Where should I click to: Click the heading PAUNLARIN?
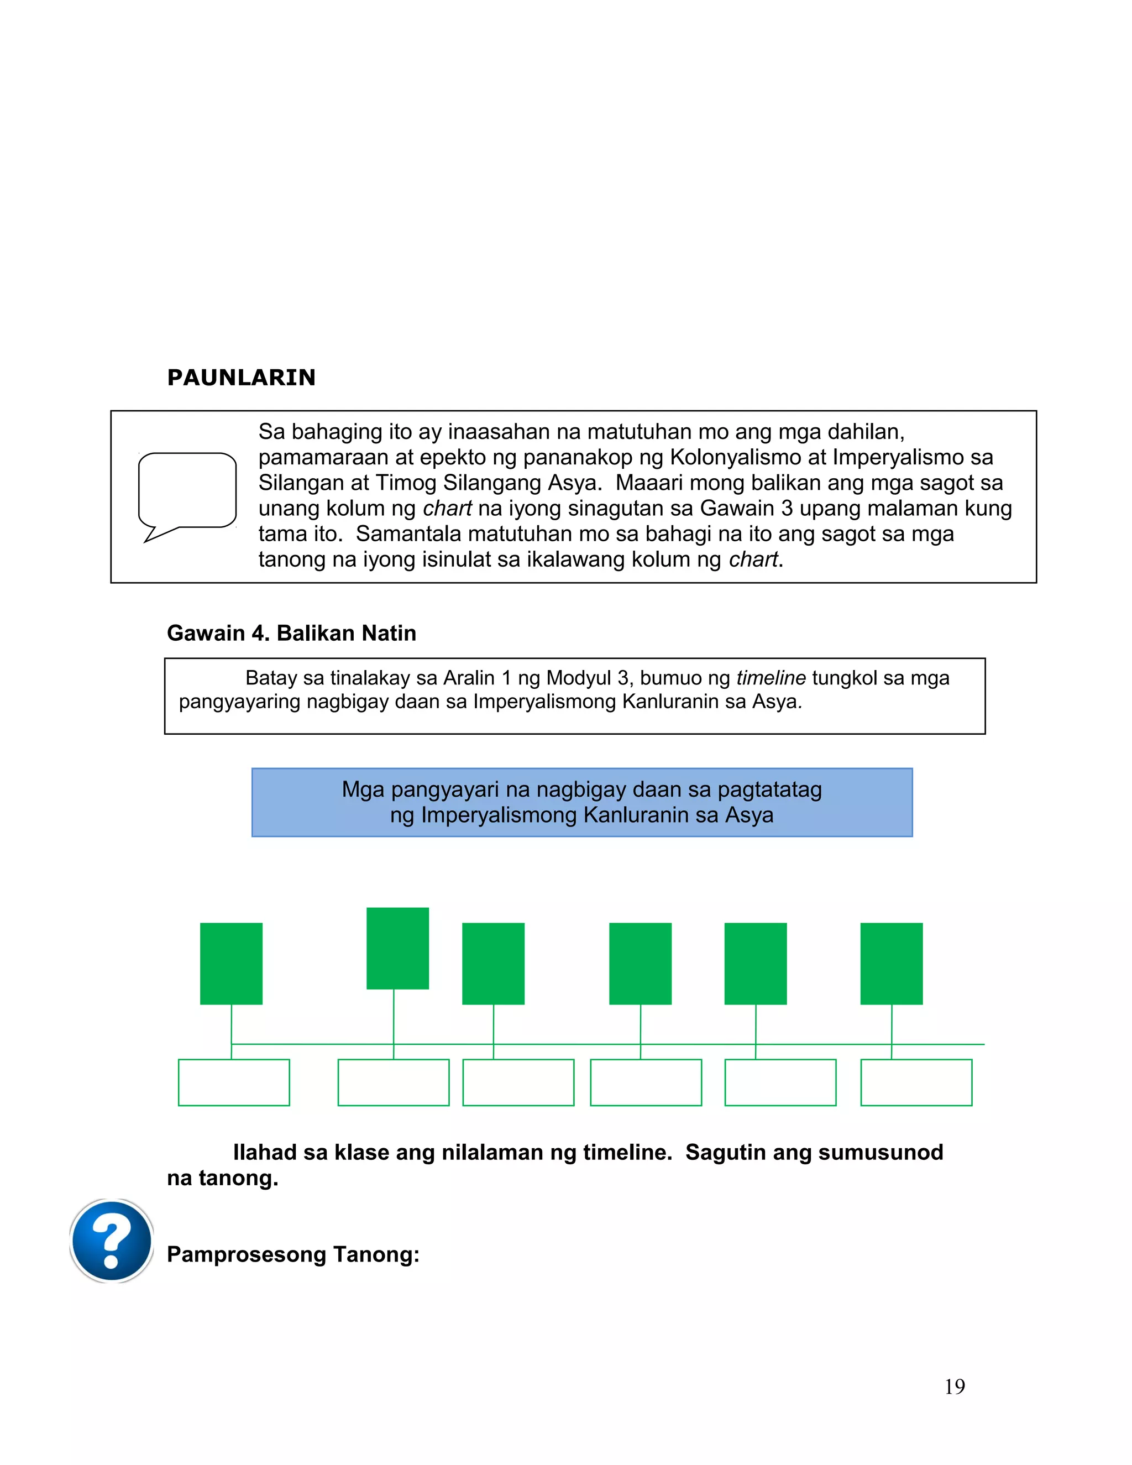point(241,378)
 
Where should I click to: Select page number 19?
point(954,1386)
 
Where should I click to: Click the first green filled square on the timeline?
point(232,963)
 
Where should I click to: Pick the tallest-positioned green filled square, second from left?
point(397,948)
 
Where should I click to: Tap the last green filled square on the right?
point(891,963)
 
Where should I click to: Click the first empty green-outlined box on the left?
point(233,1082)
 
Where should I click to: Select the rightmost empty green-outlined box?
point(916,1082)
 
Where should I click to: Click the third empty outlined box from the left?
point(518,1082)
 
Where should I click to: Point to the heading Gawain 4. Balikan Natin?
point(291,633)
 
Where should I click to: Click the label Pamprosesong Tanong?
point(293,1254)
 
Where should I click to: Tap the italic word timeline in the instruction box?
point(771,678)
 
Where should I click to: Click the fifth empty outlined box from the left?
point(780,1082)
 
